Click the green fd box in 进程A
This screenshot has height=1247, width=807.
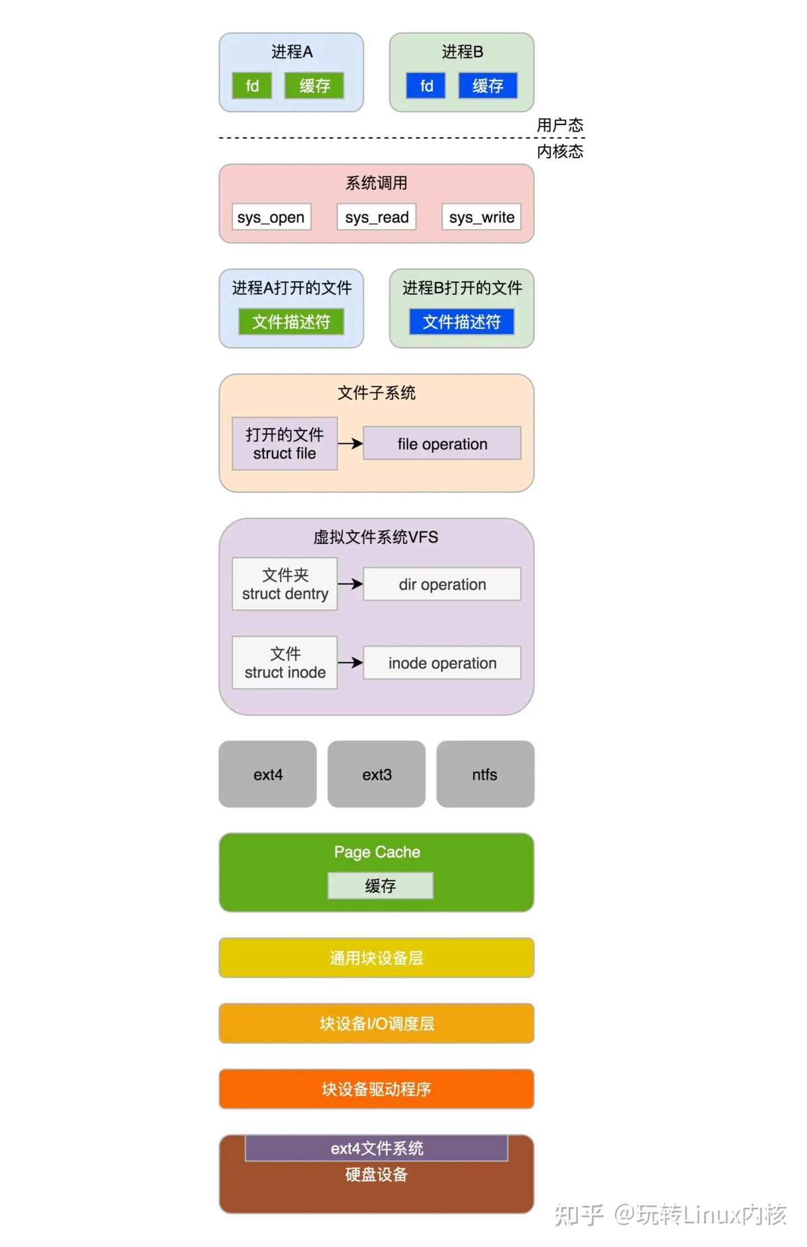pos(252,86)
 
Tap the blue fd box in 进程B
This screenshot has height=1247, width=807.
pos(426,86)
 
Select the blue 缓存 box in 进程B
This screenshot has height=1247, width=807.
pos(488,86)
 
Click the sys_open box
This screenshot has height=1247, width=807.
pos(271,217)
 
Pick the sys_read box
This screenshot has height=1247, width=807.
pos(377,217)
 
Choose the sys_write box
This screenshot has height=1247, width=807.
pos(481,217)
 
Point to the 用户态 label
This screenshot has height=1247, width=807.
pos(560,125)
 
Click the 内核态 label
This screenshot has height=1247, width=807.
pos(560,151)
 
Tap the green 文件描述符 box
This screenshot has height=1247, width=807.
pos(291,322)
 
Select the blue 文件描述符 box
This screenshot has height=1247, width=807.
pos(462,322)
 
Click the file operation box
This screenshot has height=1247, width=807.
pos(442,443)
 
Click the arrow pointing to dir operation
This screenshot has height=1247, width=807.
pos(350,583)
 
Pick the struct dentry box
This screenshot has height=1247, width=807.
pos(285,583)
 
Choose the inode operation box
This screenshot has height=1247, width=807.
pos(442,662)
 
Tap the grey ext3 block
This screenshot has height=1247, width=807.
pos(377,774)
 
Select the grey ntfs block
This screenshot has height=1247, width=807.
pos(485,774)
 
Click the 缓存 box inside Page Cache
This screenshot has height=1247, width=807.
pos(381,886)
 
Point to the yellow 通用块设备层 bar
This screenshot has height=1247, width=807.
pos(377,958)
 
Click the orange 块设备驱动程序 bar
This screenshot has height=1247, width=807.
pos(377,1089)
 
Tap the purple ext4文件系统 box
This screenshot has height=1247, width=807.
pos(377,1148)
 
